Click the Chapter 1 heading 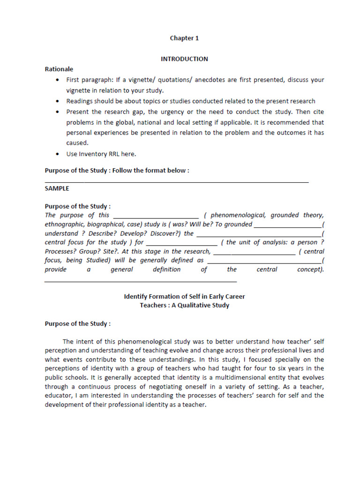click(x=184, y=38)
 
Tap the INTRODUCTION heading click(x=184, y=59)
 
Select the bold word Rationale click(x=59, y=69)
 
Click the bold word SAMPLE click(x=57, y=188)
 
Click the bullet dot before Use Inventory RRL click(x=57, y=154)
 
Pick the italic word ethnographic click(x=65, y=225)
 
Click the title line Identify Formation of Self click(x=184, y=297)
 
